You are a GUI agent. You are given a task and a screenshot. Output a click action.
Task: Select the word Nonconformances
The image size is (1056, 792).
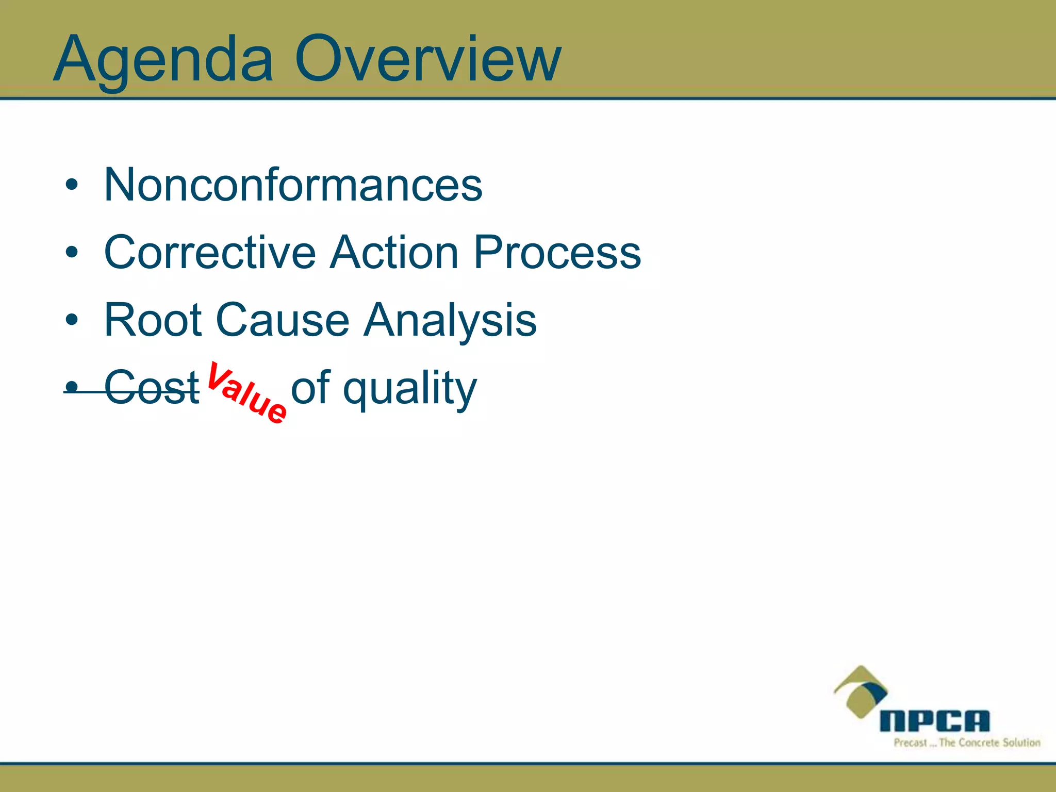click(x=293, y=185)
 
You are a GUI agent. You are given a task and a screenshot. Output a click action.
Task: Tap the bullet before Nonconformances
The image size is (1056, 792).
click(x=72, y=185)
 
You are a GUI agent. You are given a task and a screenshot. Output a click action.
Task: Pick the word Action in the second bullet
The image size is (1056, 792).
click(x=394, y=253)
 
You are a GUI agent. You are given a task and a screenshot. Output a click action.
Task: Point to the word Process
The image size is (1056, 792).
click(x=557, y=253)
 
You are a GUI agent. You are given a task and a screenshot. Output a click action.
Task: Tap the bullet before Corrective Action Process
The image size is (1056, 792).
click(x=72, y=252)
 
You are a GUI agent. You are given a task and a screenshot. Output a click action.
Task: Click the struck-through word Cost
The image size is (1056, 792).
click(x=152, y=388)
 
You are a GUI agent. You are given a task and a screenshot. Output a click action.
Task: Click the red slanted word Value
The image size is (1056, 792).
click(x=246, y=393)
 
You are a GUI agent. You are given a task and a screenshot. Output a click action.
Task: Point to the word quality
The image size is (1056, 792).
click(x=410, y=389)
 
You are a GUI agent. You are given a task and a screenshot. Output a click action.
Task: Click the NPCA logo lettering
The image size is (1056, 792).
click(x=934, y=721)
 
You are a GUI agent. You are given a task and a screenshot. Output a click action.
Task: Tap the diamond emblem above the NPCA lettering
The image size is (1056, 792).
click(x=860, y=691)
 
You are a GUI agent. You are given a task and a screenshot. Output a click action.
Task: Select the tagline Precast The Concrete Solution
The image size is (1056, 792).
click(x=967, y=743)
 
